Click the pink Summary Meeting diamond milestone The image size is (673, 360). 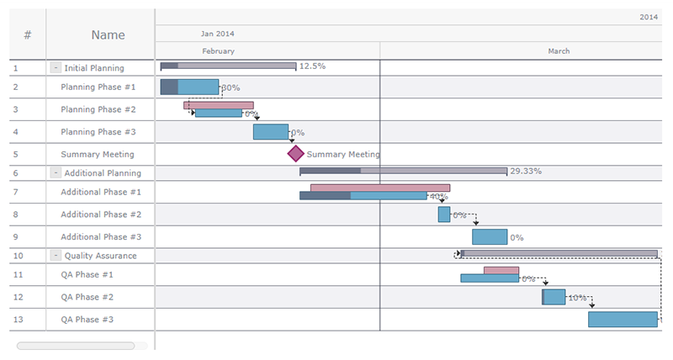click(295, 154)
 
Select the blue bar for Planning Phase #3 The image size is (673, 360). click(270, 131)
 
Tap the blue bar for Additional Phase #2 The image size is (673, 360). click(444, 214)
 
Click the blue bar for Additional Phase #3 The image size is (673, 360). click(490, 237)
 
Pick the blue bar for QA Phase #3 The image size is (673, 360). click(623, 320)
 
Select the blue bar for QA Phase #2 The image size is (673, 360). click(554, 297)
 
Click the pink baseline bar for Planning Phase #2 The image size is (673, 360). click(219, 105)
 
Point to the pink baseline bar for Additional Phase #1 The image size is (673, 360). click(380, 188)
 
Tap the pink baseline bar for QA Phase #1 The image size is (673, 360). click(501, 270)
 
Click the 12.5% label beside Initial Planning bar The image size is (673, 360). click(312, 66)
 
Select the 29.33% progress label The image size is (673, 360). click(526, 171)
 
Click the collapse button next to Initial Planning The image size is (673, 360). click(56, 68)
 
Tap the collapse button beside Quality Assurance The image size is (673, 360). click(56, 256)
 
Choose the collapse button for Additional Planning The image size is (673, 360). click(56, 173)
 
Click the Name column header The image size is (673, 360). click(109, 35)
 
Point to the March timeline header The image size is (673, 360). click(559, 51)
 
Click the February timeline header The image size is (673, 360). click(219, 51)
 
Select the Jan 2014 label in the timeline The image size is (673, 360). click(218, 34)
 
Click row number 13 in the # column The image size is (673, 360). click(28, 320)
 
